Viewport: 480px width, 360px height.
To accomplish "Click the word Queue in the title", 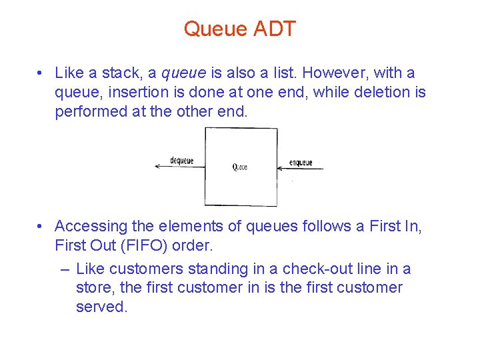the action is (x=215, y=29).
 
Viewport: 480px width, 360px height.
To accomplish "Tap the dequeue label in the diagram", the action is (x=181, y=161).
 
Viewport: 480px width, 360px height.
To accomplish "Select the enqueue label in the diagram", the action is (x=301, y=163).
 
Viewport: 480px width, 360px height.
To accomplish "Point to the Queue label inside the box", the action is (x=240, y=167).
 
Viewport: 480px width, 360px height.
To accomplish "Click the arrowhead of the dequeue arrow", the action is (x=157, y=167).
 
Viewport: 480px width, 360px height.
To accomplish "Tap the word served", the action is (x=101, y=307).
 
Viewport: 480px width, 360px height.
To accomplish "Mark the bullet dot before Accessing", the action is (x=41, y=227).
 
